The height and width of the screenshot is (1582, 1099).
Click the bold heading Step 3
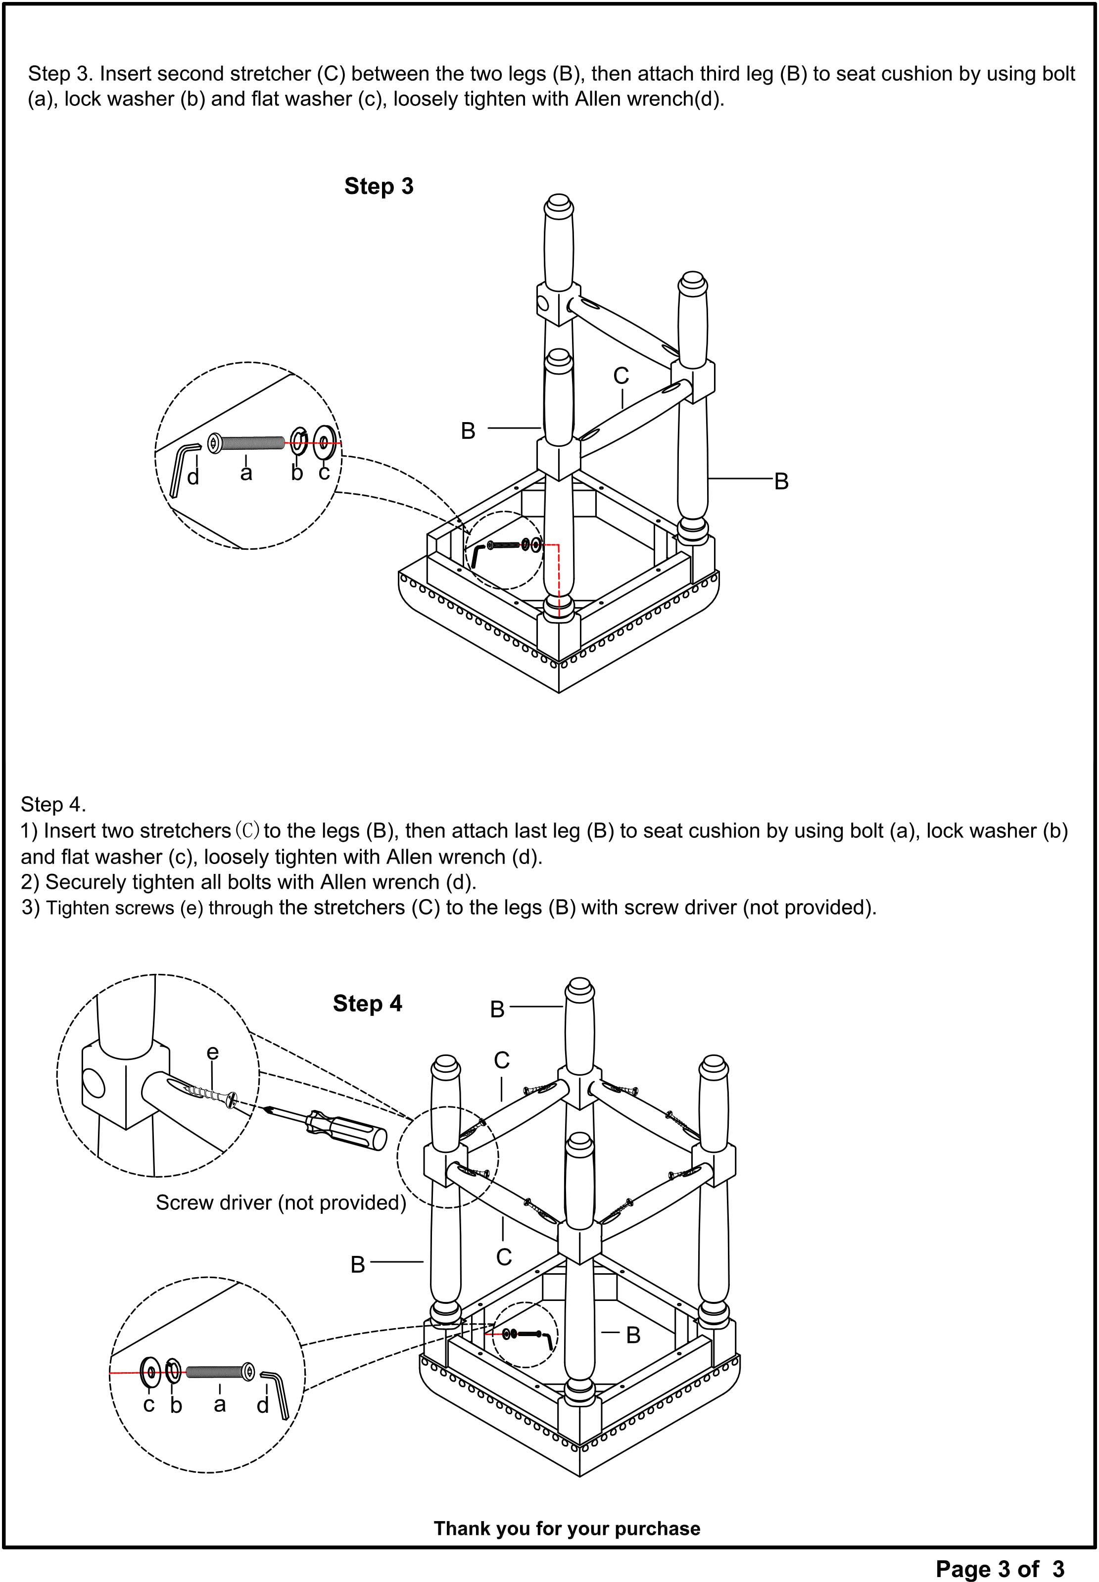[379, 186]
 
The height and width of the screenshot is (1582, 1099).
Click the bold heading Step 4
[367, 1003]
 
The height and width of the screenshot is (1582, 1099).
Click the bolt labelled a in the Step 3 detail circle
[246, 443]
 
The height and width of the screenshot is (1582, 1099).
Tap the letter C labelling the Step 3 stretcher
[621, 376]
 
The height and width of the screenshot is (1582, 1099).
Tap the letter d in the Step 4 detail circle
[262, 1404]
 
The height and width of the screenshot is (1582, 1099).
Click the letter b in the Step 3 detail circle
[297, 473]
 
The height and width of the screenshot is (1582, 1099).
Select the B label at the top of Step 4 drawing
[497, 1010]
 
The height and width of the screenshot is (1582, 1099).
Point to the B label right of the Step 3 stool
[781, 481]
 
